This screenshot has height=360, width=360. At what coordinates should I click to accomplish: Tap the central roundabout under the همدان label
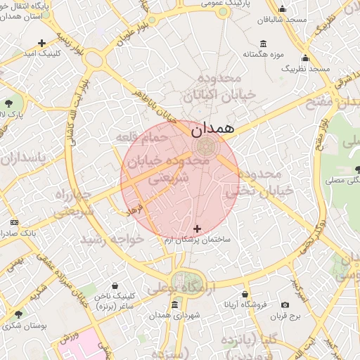pyautogui.click(x=205, y=146)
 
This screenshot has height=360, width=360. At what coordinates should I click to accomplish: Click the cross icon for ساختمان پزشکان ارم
pyautogui.click(x=197, y=229)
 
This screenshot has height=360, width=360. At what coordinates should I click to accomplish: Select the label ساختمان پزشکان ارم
pyautogui.click(x=207, y=240)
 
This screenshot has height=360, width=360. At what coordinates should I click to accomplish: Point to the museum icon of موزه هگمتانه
pyautogui.click(x=263, y=43)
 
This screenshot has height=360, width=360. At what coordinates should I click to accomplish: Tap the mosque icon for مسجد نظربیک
pyautogui.click(x=306, y=58)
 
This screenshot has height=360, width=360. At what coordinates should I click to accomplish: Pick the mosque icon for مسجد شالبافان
pyautogui.click(x=283, y=9)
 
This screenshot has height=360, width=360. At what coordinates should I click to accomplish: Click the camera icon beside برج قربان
pyautogui.click(x=285, y=304)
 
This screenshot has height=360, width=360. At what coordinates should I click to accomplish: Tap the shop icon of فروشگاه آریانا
pyautogui.click(x=245, y=294)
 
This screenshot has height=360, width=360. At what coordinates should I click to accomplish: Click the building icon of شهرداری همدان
pyautogui.click(x=174, y=304)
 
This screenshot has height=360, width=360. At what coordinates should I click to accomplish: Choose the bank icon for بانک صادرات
pyautogui.click(x=15, y=222)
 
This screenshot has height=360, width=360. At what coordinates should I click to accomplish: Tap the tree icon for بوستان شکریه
pyautogui.click(x=18, y=314)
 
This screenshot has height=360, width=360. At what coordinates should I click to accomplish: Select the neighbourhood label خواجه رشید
pyautogui.click(x=112, y=240)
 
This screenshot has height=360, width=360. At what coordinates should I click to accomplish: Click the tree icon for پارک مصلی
pyautogui.click(x=359, y=169)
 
